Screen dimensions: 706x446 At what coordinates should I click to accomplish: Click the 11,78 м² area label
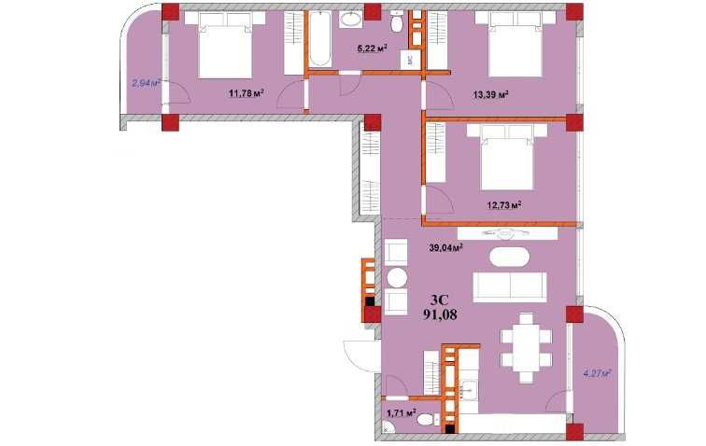pos(246,93)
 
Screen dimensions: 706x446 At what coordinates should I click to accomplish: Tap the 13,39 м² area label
pos(491,94)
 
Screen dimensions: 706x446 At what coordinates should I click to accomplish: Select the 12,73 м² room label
pos(504,205)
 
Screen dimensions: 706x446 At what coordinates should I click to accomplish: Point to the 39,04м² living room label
pos(446,247)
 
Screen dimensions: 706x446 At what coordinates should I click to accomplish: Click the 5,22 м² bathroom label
pos(373,49)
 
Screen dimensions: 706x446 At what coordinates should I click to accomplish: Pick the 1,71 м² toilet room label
pos(402,412)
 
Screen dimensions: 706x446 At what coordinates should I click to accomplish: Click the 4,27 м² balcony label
pos(597,373)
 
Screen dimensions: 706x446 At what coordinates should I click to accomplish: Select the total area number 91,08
pos(440,314)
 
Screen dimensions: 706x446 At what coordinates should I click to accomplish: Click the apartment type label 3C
pos(440,300)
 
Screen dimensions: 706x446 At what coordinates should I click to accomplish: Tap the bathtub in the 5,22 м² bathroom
pos(320,38)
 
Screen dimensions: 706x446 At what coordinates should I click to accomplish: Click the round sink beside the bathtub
pos(350,20)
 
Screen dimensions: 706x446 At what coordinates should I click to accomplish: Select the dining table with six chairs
pos(527,348)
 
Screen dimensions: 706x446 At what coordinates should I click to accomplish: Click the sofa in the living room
pos(510,286)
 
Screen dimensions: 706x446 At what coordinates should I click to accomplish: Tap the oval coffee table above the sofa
pos(509,257)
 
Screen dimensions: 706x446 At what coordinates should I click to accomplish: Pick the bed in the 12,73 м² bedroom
pos(507,156)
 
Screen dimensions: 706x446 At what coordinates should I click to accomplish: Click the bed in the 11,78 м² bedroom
pos(225,44)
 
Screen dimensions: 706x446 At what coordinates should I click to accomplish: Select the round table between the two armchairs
pos(397,278)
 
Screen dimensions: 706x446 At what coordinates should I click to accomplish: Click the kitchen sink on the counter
pos(469,390)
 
